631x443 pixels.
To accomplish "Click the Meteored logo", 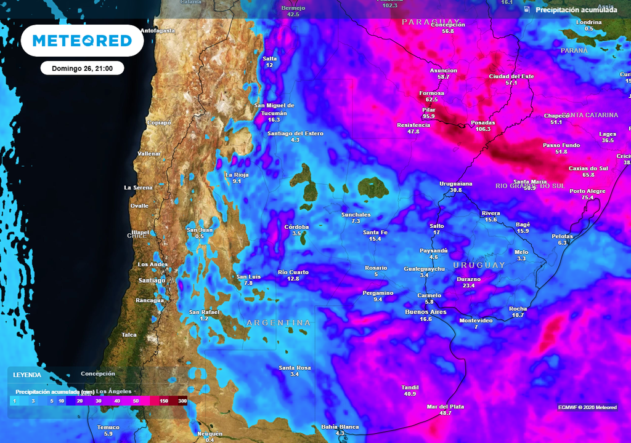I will [x=82, y=41].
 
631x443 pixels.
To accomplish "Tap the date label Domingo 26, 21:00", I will [x=82, y=68].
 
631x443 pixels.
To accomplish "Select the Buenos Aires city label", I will [x=425, y=312].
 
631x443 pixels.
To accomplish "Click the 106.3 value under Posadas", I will [x=483, y=129].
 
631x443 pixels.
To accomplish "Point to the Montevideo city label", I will [x=476, y=321].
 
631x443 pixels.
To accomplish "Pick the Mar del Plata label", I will [x=445, y=407].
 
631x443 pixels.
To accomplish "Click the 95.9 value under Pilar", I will [x=429, y=116].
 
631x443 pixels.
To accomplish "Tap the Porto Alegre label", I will [x=587, y=191].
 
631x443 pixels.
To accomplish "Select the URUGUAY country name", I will [x=479, y=265].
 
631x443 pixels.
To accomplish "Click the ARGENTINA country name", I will [x=279, y=323].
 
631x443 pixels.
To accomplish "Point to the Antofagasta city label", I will [x=158, y=30].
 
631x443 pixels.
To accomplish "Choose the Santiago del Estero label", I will [x=295, y=134].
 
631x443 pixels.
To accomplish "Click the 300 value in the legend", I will [x=182, y=401].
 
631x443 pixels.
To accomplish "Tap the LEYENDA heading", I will [x=27, y=375].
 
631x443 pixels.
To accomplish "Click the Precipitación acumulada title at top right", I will [x=576, y=10].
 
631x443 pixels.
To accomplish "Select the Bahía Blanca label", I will [x=340, y=427].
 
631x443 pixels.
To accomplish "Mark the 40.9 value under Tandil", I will [x=409, y=394].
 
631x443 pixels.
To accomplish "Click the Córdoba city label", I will [x=296, y=227].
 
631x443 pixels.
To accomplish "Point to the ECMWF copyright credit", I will [x=587, y=407].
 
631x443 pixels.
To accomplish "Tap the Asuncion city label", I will [x=444, y=71].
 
